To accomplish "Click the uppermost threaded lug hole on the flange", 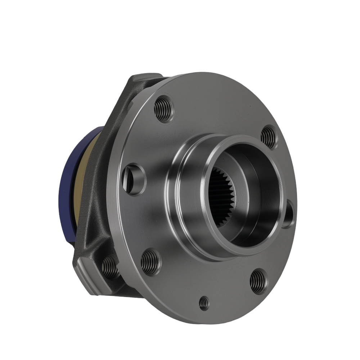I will pos(164,108).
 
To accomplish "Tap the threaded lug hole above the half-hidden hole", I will pos(269,137).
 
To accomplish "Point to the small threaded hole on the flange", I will pos(204,303).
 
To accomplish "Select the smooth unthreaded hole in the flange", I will pos(134,179).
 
